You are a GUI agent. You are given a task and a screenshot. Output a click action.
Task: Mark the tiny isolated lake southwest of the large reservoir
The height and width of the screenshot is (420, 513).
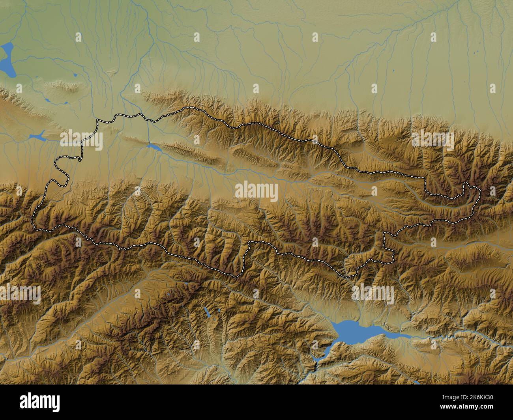pos(206,313)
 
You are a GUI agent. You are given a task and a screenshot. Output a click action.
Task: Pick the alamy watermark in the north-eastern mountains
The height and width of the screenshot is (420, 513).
pos(432,138)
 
